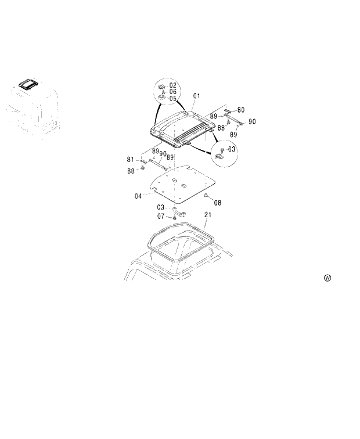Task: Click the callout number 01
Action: tap(197, 95)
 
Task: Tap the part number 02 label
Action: tap(173, 85)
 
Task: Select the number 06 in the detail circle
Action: tap(173, 92)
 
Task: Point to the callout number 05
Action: tap(173, 99)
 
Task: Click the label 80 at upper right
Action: tap(240, 109)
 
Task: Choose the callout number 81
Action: tap(131, 159)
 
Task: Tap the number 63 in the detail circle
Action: tap(232, 149)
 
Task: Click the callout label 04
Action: tap(138, 196)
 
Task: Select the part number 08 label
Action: tap(217, 203)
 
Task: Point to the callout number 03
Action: tap(160, 207)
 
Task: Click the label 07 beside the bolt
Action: tap(160, 216)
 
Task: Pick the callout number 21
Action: tap(208, 215)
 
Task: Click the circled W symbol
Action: tap(327, 278)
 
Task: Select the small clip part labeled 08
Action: tap(206, 195)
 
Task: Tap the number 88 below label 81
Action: tap(131, 171)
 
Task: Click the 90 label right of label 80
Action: tap(252, 121)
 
